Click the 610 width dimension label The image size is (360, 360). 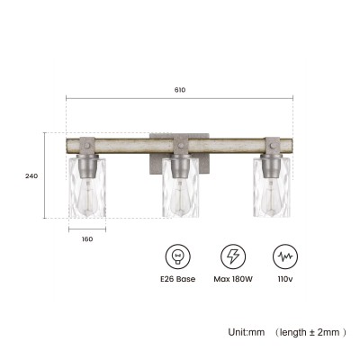click(179, 90)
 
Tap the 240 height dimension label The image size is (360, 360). click(31, 176)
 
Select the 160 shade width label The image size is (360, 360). click(87, 239)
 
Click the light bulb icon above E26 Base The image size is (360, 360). click(177, 256)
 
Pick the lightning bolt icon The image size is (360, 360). click(233, 256)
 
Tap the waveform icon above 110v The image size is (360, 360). click(285, 256)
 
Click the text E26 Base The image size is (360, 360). click(177, 279)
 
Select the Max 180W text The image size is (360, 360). click(233, 279)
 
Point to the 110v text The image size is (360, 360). click(285, 279)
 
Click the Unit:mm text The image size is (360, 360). click(247, 332)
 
